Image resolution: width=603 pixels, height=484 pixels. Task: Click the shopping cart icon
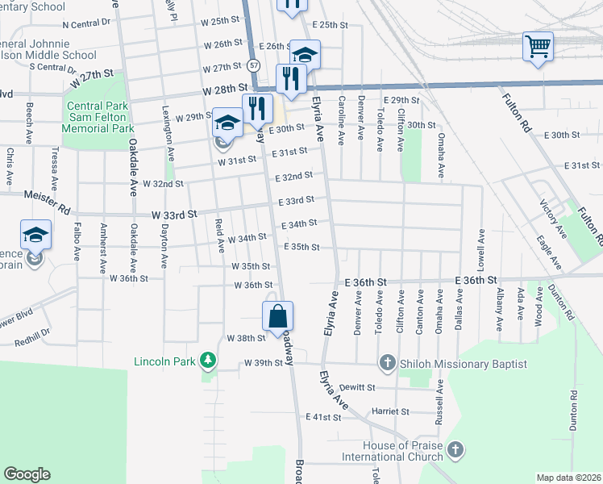coord(537,44)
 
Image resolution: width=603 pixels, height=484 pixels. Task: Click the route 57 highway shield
coord(255,64)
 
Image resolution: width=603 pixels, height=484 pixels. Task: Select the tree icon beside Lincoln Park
coord(208,359)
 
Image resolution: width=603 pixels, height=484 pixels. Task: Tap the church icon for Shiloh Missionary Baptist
coord(387,364)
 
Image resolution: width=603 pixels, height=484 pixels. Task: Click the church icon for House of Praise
coord(455,448)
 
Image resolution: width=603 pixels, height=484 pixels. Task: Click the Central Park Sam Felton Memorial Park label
coord(99,117)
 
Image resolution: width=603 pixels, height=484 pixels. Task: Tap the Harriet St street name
coord(390,411)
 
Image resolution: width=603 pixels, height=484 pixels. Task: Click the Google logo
coord(27,474)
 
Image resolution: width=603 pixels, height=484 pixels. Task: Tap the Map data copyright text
coord(568,478)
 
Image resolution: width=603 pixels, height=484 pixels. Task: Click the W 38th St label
coord(246,338)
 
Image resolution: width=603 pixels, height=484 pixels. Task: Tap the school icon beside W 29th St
coord(227,122)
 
